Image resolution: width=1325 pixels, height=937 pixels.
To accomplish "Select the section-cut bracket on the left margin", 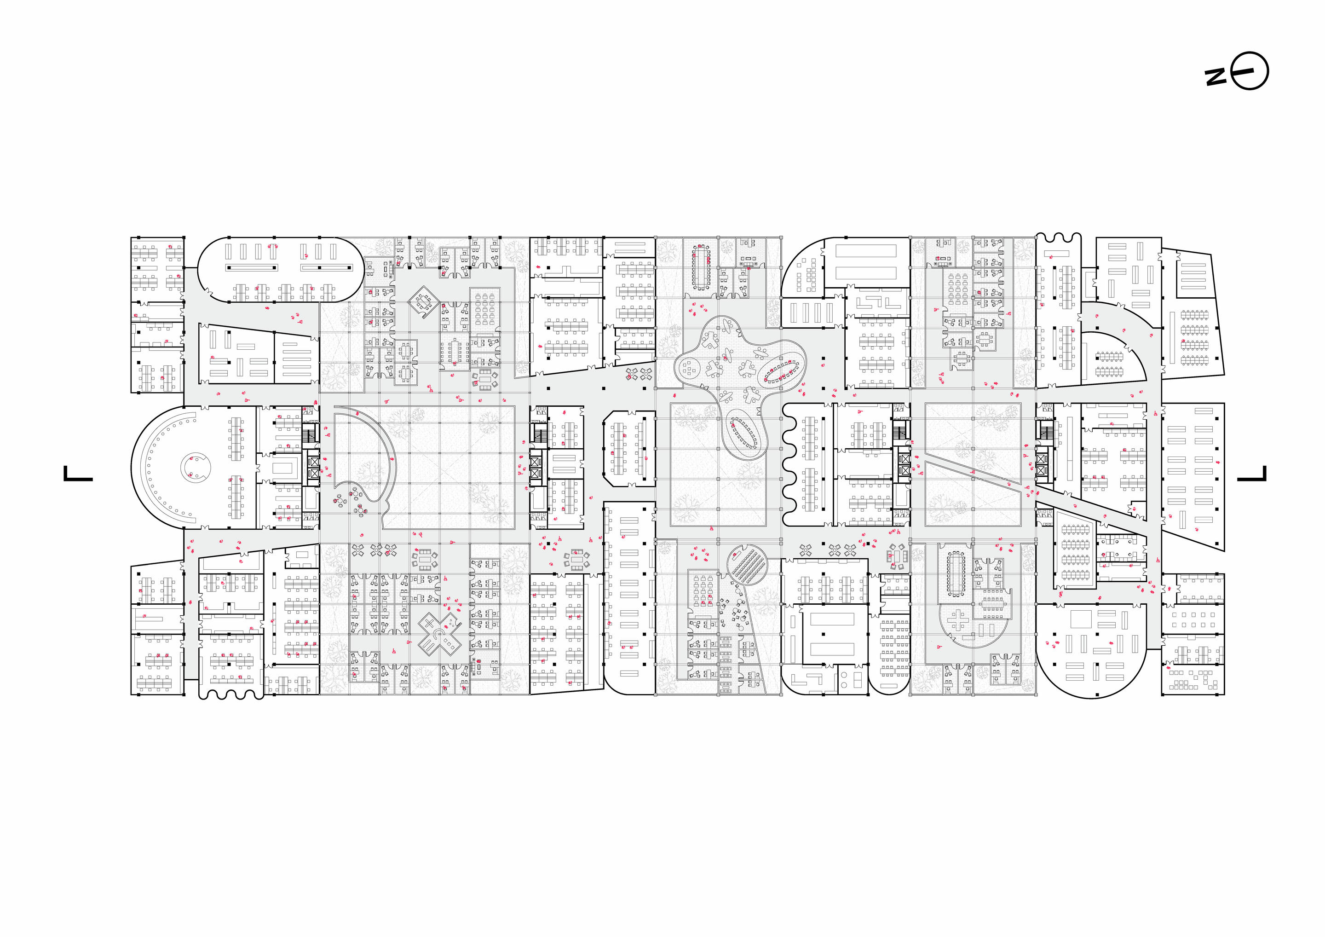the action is click(x=78, y=474).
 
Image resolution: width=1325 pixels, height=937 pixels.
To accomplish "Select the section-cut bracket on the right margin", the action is click(x=1252, y=474).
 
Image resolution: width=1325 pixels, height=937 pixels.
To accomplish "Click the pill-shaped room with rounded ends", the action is click(x=281, y=269).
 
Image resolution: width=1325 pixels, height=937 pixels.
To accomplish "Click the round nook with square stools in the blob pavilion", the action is click(x=689, y=367).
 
